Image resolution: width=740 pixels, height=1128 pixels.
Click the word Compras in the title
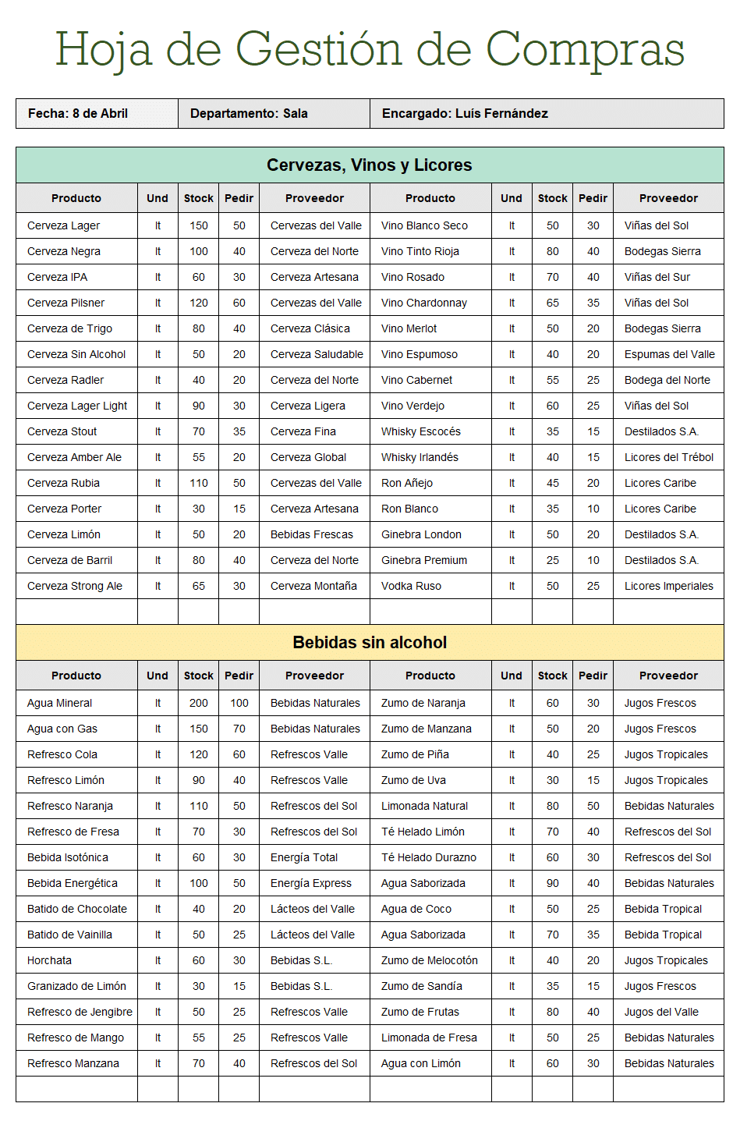(585, 51)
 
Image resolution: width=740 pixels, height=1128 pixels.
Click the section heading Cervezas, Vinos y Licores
(370, 165)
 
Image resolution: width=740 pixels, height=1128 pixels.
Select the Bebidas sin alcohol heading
(370, 643)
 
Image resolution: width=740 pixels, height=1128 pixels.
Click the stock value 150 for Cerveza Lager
(199, 225)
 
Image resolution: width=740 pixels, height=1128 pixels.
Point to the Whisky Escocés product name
(421, 431)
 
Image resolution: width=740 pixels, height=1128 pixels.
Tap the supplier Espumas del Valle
(669, 354)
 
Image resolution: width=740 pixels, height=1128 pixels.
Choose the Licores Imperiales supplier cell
(668, 586)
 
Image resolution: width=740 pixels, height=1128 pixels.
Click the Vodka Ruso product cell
(411, 586)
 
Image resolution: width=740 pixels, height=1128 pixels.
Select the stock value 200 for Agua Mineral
(199, 703)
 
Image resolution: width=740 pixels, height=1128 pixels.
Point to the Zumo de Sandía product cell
(421, 986)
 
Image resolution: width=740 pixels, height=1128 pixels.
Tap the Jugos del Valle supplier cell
(661, 1012)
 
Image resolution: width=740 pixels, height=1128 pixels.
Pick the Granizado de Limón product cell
(76, 986)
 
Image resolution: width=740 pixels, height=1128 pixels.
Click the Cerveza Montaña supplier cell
(313, 586)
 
